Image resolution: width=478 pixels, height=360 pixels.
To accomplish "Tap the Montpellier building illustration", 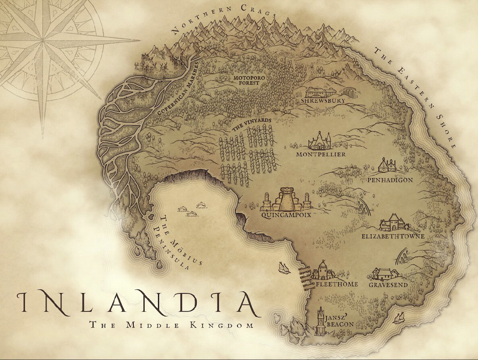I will point(320,141).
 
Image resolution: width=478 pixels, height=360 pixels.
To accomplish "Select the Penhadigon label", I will point(390,180).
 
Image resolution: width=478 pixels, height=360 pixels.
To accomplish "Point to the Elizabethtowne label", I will point(393,236).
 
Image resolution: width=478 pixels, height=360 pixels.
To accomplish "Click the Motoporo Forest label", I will point(246,80).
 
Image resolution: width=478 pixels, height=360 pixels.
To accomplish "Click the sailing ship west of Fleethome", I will point(284,267).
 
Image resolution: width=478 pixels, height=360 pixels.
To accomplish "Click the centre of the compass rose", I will point(43,41).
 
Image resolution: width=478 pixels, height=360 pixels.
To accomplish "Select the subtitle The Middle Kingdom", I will point(172,325).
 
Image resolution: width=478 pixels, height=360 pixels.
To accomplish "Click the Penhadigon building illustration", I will point(387,165).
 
